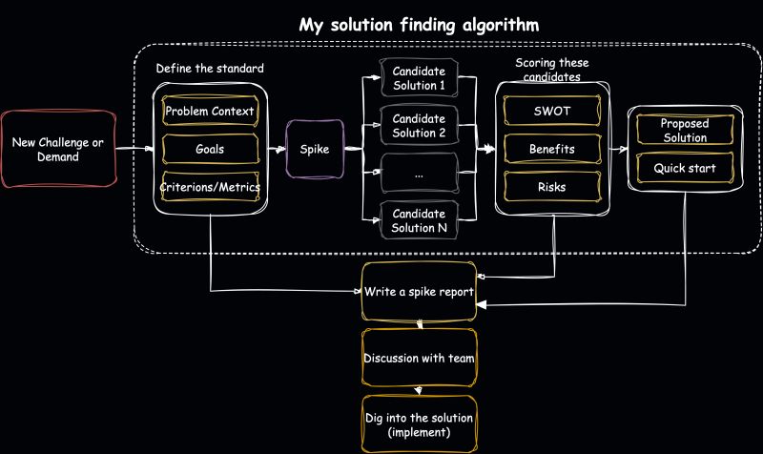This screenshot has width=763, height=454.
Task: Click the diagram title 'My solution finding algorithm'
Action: pyautogui.click(x=419, y=24)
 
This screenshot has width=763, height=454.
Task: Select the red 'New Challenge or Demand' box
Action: pyautogui.click(x=58, y=149)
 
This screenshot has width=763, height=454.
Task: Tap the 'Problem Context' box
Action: pyautogui.click(x=210, y=112)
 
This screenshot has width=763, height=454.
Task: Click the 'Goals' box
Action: pyautogui.click(x=210, y=150)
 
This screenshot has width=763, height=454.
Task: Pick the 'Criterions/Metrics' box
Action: pyautogui.click(x=210, y=188)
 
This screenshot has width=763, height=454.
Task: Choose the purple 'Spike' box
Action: pyautogui.click(x=315, y=149)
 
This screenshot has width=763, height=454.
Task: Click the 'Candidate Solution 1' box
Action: pyautogui.click(x=419, y=79)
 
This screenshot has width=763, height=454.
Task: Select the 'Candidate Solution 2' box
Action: pyautogui.click(x=419, y=126)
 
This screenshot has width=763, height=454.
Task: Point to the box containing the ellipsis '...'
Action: pyautogui.click(x=419, y=173)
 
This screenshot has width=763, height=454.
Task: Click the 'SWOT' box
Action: pyautogui.click(x=551, y=112)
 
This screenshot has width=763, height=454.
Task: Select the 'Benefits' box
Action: pyautogui.click(x=551, y=150)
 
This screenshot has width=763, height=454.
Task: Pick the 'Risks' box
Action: pyautogui.click(x=551, y=187)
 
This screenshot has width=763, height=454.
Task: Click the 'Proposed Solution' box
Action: pyautogui.click(x=684, y=131)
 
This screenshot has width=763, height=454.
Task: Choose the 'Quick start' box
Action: pyautogui.click(x=684, y=169)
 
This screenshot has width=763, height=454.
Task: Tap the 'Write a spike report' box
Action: pyautogui.click(x=419, y=290)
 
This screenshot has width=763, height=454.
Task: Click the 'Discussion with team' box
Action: pyautogui.click(x=419, y=359)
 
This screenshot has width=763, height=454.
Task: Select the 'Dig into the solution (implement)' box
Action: pyautogui.click(x=419, y=425)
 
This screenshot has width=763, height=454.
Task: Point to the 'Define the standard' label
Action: pyautogui.click(x=210, y=70)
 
